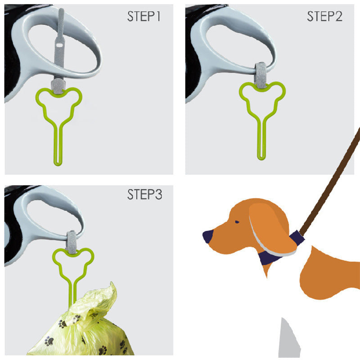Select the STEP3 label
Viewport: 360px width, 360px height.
coord(144,195)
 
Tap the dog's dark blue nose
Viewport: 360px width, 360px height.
coord(208,236)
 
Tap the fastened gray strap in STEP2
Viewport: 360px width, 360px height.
coord(260,74)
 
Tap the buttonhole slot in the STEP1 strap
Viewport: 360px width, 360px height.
coord(58,47)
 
